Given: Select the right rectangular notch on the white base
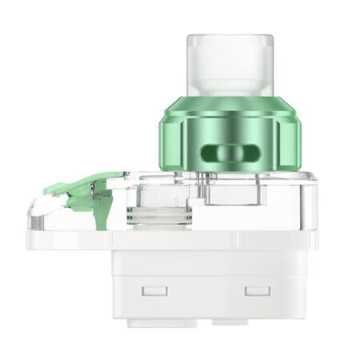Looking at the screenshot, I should (258, 290).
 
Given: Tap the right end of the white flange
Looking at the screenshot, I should (314, 239).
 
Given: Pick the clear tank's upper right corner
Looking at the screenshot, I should (314, 178).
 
